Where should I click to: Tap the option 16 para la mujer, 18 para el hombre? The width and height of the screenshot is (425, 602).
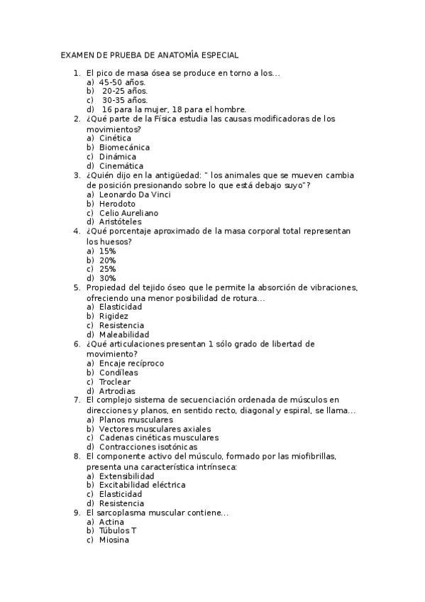(174, 110)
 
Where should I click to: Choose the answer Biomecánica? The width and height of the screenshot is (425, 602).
(124, 148)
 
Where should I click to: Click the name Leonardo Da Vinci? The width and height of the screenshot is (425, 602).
(134, 195)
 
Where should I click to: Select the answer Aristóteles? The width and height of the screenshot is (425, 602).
(120, 222)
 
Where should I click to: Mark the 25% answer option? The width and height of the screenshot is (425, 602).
(108, 269)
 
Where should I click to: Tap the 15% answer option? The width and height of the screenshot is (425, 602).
(108, 251)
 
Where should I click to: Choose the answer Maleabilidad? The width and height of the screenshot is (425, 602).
(124, 334)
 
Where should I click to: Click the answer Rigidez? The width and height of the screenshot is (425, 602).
(114, 316)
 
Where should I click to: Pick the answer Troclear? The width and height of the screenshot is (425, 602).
(115, 382)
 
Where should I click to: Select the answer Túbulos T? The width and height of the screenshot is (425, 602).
(118, 531)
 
